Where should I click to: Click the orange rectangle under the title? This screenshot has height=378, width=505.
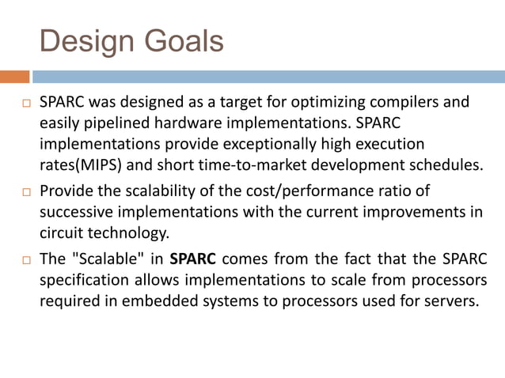[x=14, y=77]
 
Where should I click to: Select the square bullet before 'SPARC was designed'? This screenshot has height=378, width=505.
[x=25, y=104]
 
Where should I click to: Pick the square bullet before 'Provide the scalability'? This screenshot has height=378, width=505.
[x=25, y=192]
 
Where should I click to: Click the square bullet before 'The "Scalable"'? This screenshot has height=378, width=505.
[x=25, y=259]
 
